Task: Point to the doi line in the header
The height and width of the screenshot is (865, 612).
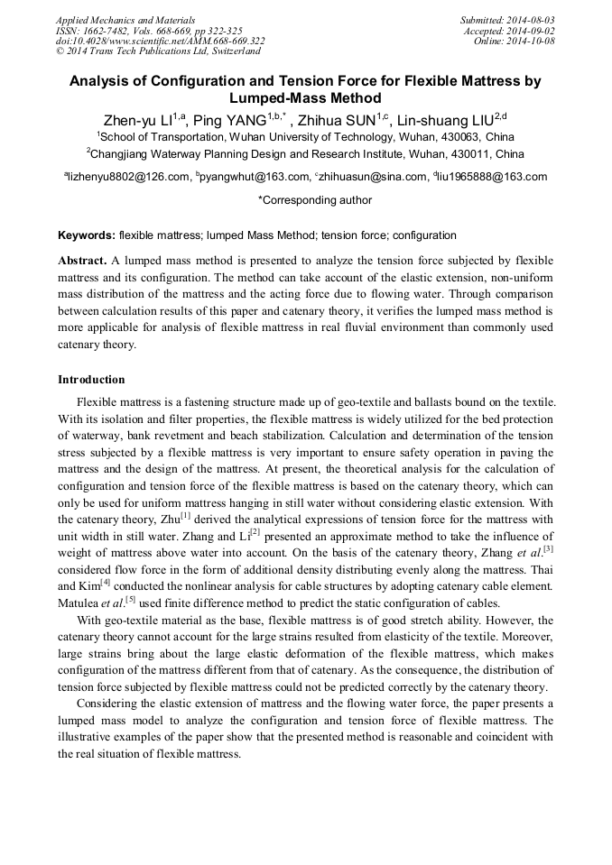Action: pos(161,41)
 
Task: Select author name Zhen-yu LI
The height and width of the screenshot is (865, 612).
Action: pos(140,120)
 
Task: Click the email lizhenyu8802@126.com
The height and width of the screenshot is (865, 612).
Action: pos(129,177)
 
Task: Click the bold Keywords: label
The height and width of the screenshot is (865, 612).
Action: pos(87,235)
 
